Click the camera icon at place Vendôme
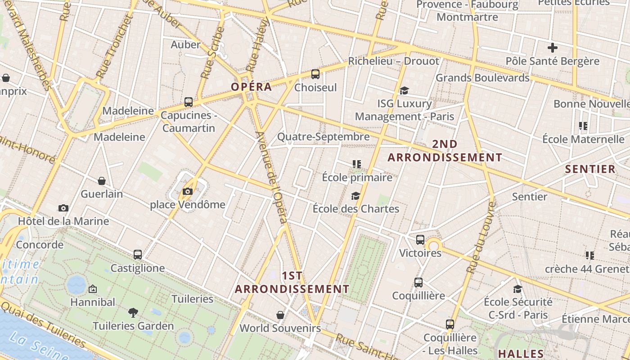pyautogui.click(x=188, y=192)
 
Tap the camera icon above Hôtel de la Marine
pyautogui.click(x=63, y=208)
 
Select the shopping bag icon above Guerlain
pyautogui.click(x=102, y=181)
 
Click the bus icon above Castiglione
pyautogui.click(x=138, y=255)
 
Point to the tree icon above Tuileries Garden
pyautogui.click(x=133, y=312)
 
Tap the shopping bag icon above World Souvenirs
pyautogui.click(x=280, y=315)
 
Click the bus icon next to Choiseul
pyautogui.click(x=315, y=74)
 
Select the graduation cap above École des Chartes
pyautogui.click(x=356, y=196)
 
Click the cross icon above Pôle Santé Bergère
pyautogui.click(x=553, y=48)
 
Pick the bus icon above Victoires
pyautogui.click(x=420, y=240)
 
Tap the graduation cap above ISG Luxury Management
pyautogui.click(x=404, y=90)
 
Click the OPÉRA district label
pyautogui.click(x=252, y=87)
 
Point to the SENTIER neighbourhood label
pyautogui.click(x=590, y=169)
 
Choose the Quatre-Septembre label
pyautogui.click(x=323, y=136)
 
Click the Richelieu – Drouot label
pyautogui.click(x=394, y=61)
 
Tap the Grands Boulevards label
pyautogui.click(x=482, y=78)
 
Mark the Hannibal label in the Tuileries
pyautogui.click(x=93, y=302)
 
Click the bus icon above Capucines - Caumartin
pyautogui.click(x=189, y=102)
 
